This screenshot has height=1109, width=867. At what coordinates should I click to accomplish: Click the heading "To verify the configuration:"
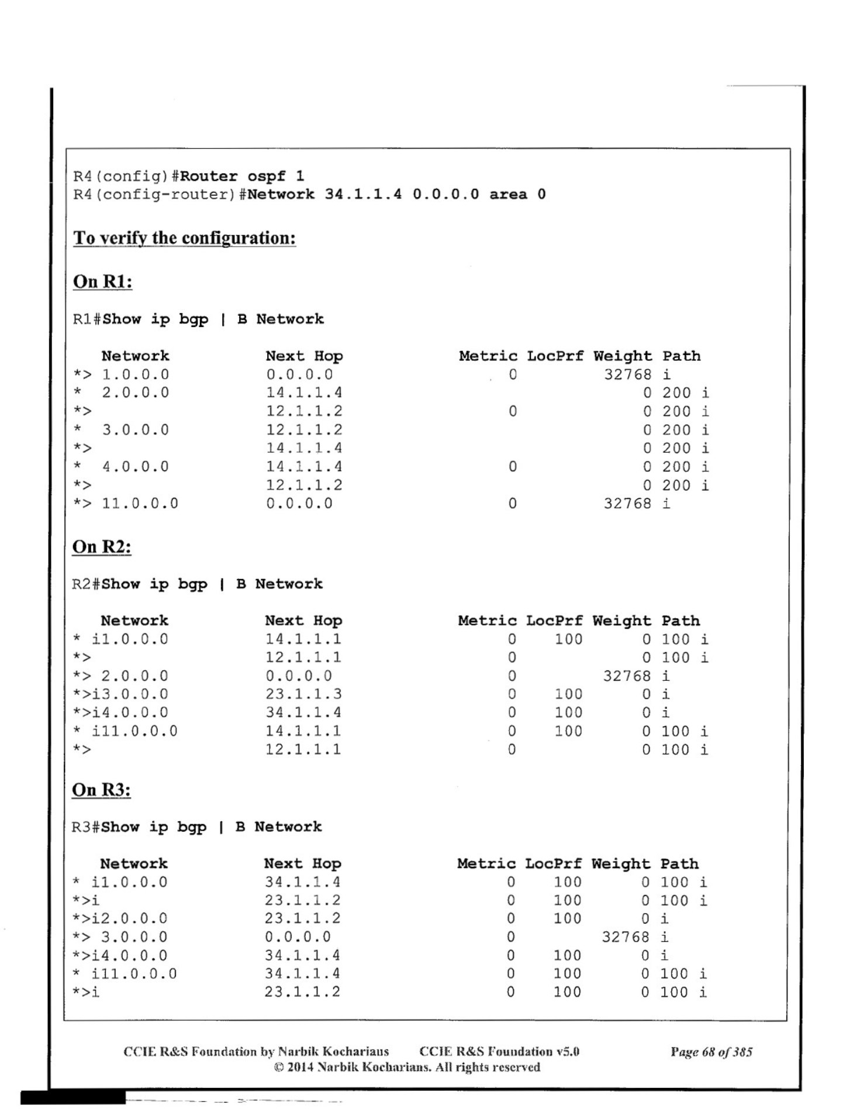184,238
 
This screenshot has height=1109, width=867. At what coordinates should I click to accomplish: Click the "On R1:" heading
102,281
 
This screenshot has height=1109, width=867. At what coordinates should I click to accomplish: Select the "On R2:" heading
102,547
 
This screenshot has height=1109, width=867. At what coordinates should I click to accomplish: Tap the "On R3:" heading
101,790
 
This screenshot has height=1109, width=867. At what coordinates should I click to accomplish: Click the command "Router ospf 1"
242,176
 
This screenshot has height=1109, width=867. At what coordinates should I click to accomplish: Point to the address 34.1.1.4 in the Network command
363,194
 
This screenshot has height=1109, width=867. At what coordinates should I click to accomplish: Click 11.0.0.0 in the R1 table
140,504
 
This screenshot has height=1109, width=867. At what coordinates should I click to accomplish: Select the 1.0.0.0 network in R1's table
136,374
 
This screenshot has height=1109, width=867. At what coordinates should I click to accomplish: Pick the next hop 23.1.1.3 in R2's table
303,694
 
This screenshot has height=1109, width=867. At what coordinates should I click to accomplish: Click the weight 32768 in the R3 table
626,937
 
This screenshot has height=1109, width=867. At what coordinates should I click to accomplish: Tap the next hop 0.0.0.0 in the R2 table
299,676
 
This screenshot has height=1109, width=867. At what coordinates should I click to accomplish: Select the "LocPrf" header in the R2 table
554,621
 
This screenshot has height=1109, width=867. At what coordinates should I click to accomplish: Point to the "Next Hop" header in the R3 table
302,864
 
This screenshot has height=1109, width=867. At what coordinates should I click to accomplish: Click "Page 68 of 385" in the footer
711,1052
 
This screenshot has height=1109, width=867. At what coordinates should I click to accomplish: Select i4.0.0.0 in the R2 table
130,713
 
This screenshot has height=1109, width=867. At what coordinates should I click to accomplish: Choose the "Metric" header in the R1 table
488,356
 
